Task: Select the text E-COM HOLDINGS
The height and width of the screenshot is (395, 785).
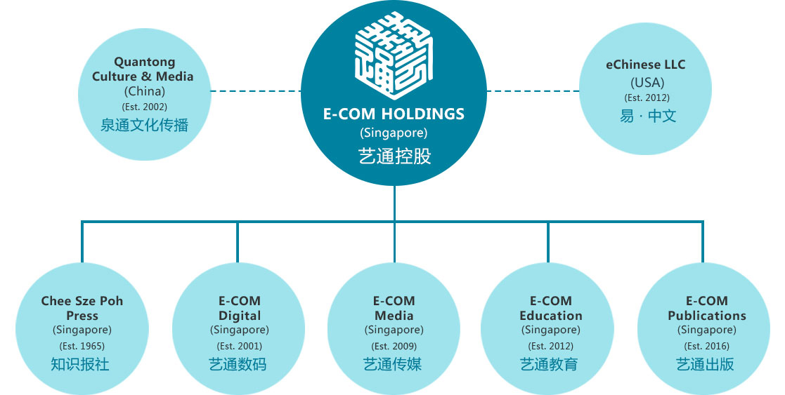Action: coord(394,114)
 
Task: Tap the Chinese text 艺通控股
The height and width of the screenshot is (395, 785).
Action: coord(394,156)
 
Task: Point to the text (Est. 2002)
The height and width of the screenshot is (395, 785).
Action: coord(144,107)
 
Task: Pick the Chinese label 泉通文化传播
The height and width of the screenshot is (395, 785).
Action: coord(144,125)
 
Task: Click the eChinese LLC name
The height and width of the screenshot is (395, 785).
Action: coord(646,65)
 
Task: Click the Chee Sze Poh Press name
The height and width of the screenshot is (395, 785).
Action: coord(82,308)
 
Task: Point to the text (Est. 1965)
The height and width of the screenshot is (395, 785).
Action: coord(82,346)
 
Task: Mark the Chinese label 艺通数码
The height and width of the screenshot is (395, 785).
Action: coord(238,364)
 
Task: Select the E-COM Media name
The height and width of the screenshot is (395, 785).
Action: coord(394,308)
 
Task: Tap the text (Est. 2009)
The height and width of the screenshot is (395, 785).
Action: coord(394,346)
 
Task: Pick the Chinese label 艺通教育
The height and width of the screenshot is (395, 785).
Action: coord(549,364)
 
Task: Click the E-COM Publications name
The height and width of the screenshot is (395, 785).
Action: coord(707,308)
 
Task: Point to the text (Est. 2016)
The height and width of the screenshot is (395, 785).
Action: coord(707,346)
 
